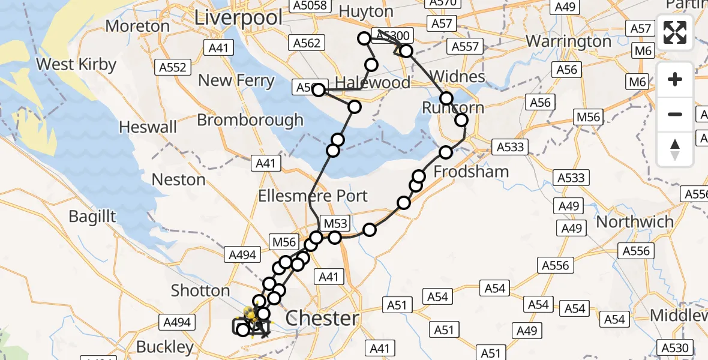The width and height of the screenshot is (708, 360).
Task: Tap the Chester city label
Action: coord(322,318)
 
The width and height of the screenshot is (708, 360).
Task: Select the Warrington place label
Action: coord(569,41)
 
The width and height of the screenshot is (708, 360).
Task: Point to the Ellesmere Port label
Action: coord(313,196)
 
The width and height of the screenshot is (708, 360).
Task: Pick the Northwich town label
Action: coord(635,222)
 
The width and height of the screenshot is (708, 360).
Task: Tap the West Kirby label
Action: coord(76,64)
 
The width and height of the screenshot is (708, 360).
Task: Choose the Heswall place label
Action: coord(148,127)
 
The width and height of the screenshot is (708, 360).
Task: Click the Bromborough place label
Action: coord(250,120)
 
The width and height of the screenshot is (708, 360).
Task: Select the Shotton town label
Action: coord(200,290)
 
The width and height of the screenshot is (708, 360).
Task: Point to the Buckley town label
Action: coord(165,346)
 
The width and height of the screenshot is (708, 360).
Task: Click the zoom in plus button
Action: coord(675,79)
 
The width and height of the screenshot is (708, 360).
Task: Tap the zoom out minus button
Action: coord(675,114)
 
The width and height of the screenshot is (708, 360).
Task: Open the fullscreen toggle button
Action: coord(675,32)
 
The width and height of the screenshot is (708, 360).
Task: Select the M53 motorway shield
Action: coord(335,223)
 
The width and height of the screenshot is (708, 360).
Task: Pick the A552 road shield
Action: coord(173,68)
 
